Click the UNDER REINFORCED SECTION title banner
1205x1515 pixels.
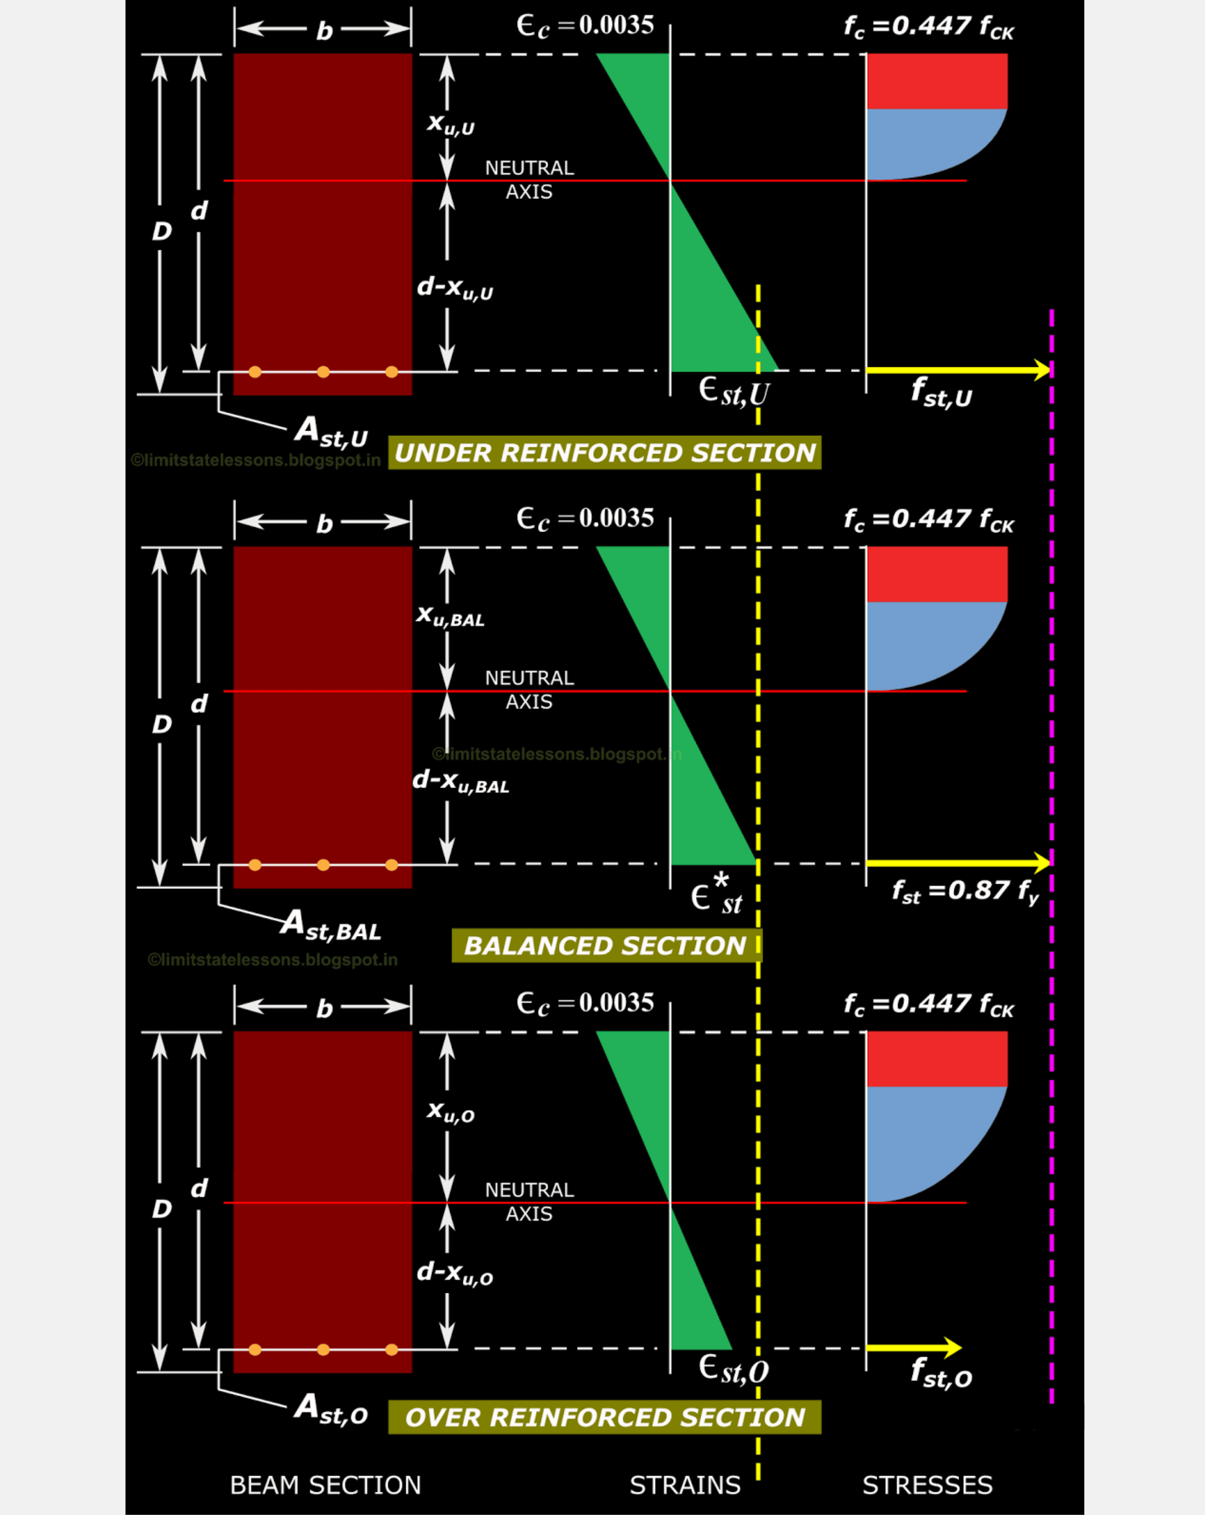tap(604, 453)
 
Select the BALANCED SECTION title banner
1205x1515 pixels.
tap(606, 946)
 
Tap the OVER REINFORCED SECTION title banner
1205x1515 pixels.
tap(604, 1417)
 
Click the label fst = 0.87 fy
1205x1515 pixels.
tap(965, 891)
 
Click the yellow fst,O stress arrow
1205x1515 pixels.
tap(913, 1347)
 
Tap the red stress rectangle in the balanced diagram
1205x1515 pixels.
tap(937, 574)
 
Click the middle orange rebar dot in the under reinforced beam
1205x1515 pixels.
tap(323, 372)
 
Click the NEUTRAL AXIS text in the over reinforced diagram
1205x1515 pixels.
tap(529, 1202)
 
